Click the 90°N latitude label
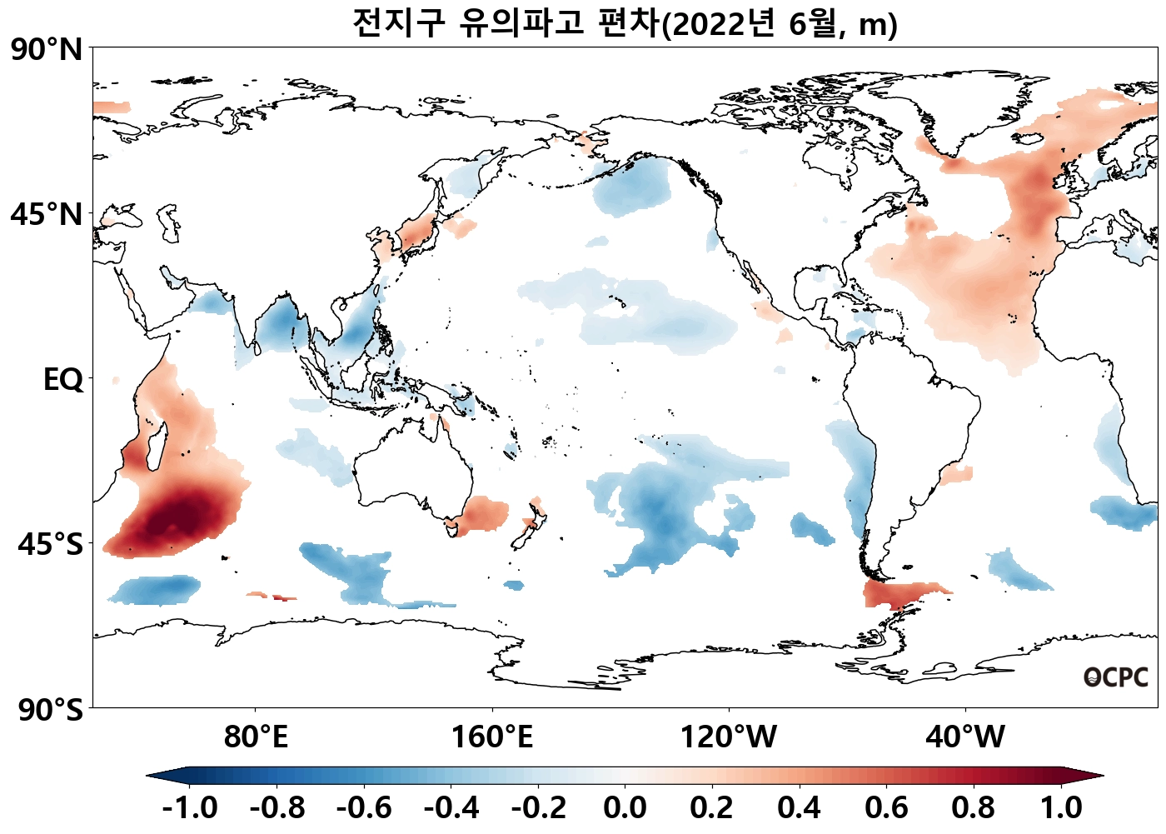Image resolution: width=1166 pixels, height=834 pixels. [47, 50]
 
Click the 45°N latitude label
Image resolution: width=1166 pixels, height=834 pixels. [47, 214]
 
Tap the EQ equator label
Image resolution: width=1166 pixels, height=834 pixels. [63, 380]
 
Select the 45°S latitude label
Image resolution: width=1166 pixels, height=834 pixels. [50, 544]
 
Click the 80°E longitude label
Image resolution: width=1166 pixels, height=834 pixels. [256, 737]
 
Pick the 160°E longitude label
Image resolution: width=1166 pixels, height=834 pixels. [491, 737]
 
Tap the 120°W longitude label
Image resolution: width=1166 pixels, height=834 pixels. [729, 737]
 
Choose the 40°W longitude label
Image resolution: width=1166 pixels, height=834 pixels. [965, 737]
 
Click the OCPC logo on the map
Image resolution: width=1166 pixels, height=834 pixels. [1115, 677]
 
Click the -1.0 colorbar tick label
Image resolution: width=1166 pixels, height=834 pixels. [190, 807]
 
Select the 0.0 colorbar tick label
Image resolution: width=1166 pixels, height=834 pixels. [625, 807]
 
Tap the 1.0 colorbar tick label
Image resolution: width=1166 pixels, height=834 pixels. [1061, 807]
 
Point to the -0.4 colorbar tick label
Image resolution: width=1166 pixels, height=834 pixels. [451, 807]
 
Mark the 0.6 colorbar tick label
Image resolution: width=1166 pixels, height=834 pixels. [886, 807]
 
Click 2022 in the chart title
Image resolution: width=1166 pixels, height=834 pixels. [709, 24]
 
